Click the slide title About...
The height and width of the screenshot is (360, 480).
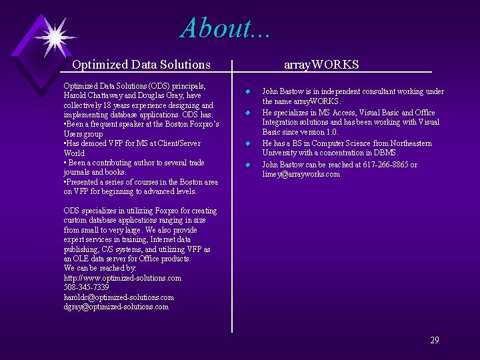coord(225,28)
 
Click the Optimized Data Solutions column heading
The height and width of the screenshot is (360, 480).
coord(141,65)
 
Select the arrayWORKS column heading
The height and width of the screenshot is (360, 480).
coord(321,65)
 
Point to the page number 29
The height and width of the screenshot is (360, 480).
coord(434,340)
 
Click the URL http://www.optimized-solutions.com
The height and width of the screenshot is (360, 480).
coord(122,278)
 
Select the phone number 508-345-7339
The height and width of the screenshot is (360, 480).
coord(86,287)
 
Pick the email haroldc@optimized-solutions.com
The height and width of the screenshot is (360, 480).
coord(119,297)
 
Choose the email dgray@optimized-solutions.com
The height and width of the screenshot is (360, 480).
coord(116,307)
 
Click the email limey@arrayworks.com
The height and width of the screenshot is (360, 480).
coord(301,175)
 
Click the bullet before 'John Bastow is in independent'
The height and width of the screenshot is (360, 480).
coord(247,91)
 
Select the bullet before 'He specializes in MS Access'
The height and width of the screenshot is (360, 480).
coord(247,113)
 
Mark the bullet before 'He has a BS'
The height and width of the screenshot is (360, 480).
coord(247,143)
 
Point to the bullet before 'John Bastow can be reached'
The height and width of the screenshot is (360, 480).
coord(247,165)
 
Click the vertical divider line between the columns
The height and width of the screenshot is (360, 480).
coord(232,200)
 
